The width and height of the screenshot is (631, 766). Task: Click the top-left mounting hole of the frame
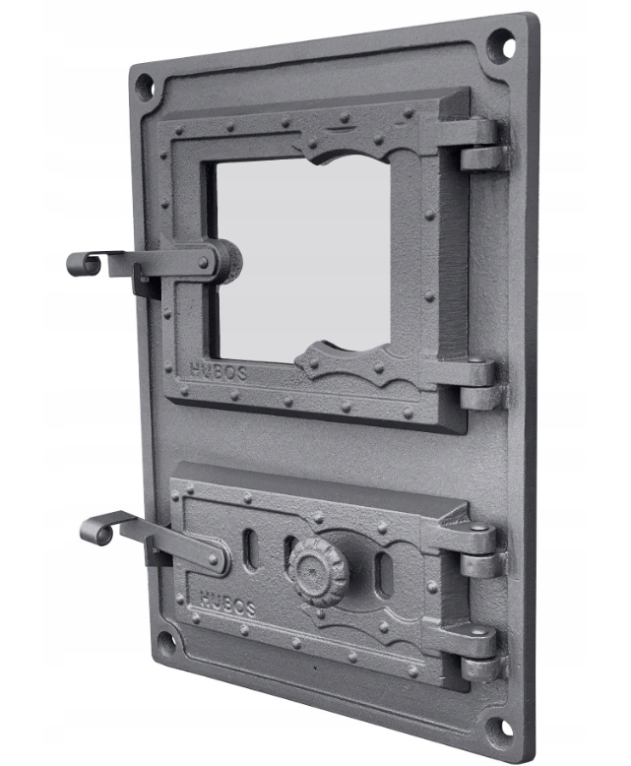coord(144,87)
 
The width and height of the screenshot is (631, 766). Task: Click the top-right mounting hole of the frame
coord(501,45)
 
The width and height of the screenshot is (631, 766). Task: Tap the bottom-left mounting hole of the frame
coord(166,645)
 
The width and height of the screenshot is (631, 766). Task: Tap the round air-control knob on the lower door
coord(319,571)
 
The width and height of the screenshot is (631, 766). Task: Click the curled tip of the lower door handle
coord(96,531)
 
